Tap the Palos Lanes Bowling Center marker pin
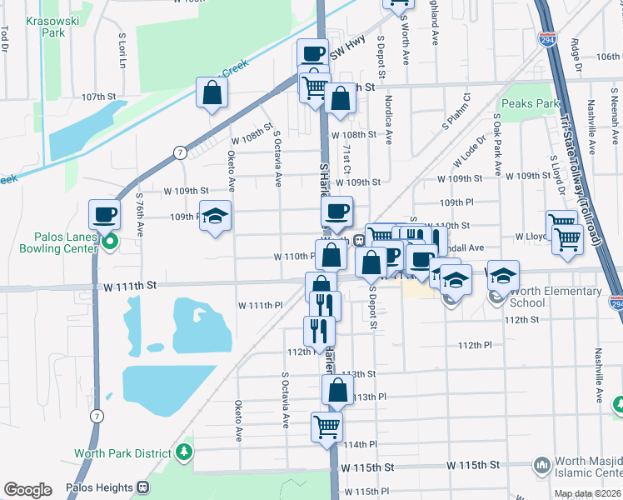coord(109,242)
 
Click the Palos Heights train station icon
coord(143,487)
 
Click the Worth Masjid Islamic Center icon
coord(542,463)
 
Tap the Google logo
coord(27,489)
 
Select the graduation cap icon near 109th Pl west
coord(216,217)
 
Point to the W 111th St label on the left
coord(131,285)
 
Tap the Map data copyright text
coord(586,493)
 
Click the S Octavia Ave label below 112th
coord(286,399)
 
